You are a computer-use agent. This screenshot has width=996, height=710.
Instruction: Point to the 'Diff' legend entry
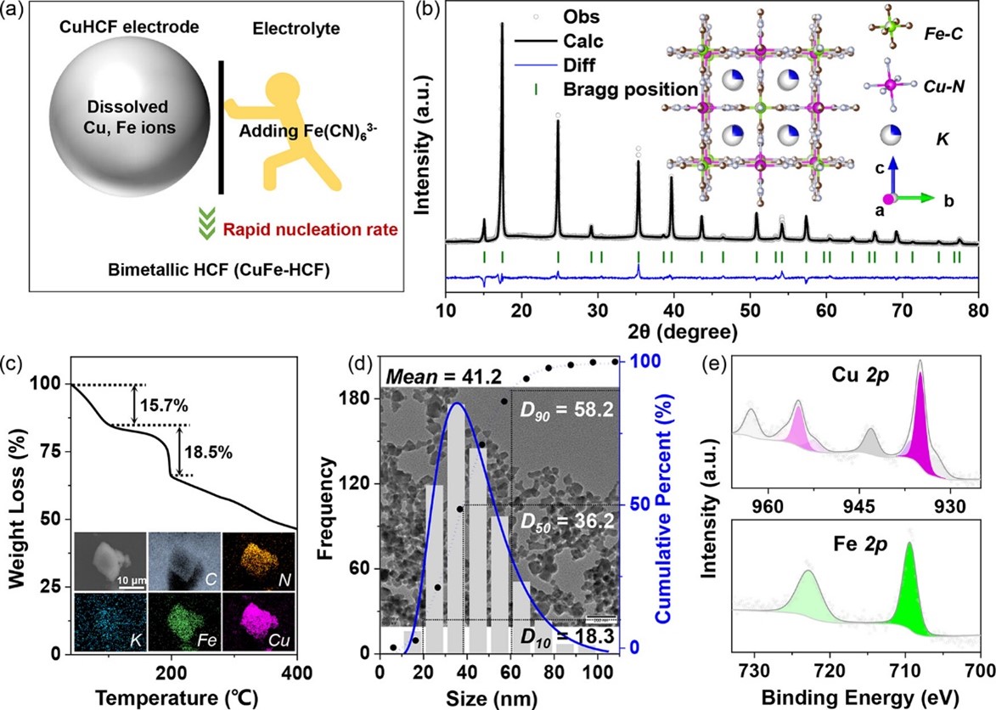click(579, 65)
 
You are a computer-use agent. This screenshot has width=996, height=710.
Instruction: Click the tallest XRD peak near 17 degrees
click(503, 25)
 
